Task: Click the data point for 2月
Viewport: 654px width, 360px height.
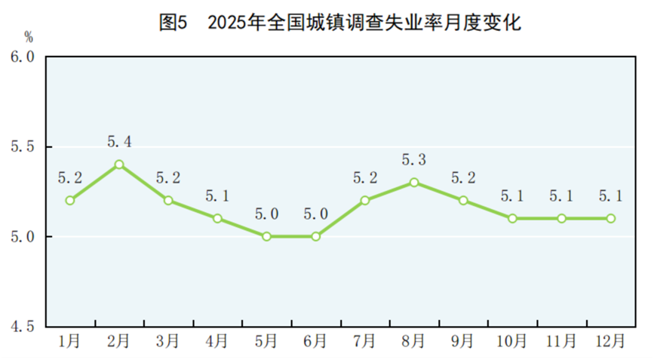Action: [119, 164]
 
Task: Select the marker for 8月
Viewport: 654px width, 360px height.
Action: [414, 182]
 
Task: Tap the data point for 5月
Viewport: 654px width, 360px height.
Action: [266, 236]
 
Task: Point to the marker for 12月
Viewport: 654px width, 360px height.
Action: [610, 218]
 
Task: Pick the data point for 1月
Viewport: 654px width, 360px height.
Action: [70, 200]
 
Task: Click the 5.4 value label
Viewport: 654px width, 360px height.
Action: [119, 141]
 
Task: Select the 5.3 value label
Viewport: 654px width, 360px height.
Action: [414, 159]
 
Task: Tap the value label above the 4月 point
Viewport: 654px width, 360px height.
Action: [217, 196]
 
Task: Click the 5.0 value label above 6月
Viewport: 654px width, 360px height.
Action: [315, 214]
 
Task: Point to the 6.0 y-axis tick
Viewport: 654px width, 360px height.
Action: [23, 57]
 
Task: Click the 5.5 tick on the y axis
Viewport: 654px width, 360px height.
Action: [23, 146]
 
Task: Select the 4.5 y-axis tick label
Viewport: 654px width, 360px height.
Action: [23, 327]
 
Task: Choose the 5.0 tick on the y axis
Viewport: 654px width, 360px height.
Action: [23, 236]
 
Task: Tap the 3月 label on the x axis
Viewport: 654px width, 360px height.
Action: [168, 341]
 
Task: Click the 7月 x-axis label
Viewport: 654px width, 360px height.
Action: [364, 341]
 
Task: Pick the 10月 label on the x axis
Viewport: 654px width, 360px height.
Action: [512, 341]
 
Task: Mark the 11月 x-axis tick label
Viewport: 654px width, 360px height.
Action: [561, 341]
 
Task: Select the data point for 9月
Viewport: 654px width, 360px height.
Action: [463, 200]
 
